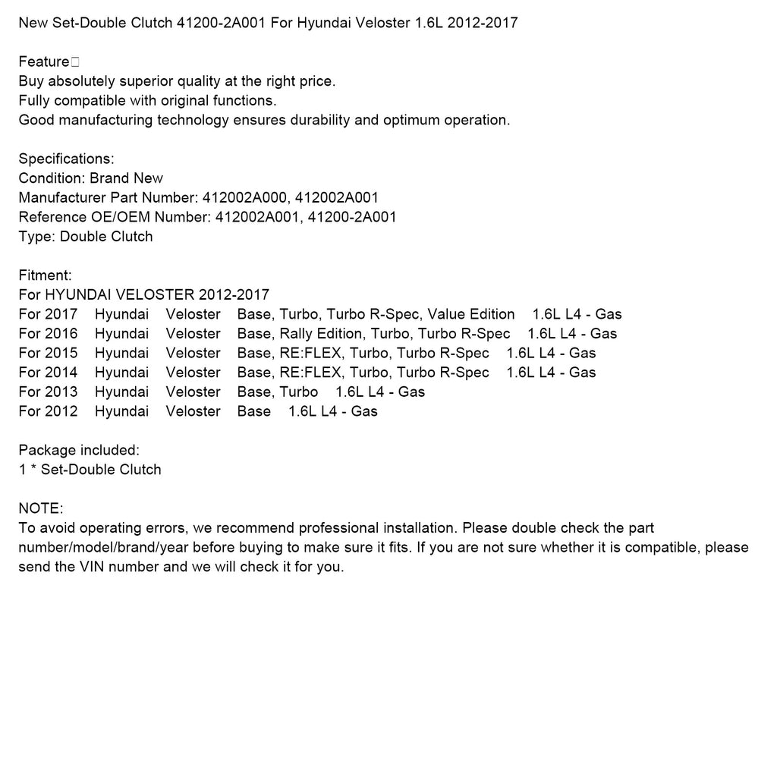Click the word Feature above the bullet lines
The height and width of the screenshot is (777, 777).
43,61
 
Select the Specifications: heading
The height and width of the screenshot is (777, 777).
66,159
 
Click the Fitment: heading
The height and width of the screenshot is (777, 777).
45,275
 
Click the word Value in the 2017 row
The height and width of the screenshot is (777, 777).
449,314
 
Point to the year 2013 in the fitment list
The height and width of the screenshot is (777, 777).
61,392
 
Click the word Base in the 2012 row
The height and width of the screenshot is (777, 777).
253,411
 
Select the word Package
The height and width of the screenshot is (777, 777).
46,451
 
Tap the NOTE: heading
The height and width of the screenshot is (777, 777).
41,508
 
